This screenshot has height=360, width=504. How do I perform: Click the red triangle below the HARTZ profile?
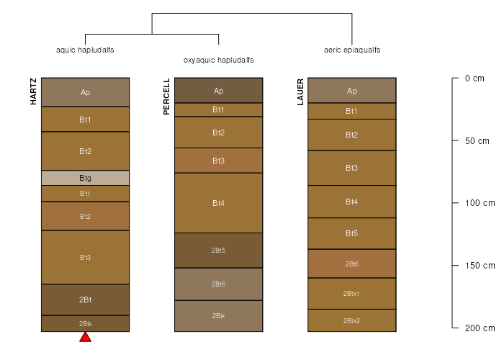pos(85,338)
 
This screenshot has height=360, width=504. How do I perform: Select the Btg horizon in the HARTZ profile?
pos(85,178)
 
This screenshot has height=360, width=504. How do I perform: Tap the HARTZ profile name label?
pos(33,91)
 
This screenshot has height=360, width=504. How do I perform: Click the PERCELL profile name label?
pos(166,96)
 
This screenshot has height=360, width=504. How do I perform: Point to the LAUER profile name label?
pos(300,92)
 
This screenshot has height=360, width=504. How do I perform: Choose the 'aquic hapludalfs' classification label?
pos(85,50)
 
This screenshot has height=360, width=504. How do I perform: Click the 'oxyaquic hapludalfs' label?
pos(219,60)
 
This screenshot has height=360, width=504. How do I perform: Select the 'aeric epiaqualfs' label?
pos(352,50)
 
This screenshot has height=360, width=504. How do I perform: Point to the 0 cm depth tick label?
pos(474,78)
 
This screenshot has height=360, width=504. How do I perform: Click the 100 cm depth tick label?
pos(480,203)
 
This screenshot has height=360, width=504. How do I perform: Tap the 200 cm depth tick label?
pos(480,328)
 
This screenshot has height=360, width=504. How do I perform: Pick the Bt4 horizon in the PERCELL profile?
pos(219,203)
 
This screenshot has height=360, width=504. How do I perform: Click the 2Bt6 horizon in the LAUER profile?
pos(352,264)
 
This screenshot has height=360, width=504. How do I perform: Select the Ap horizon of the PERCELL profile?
pos(219,91)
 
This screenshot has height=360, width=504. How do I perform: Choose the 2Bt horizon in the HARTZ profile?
pos(85,300)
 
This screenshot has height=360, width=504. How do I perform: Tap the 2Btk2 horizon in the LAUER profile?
pos(352,321)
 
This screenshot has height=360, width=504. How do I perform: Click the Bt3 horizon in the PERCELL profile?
pos(219,161)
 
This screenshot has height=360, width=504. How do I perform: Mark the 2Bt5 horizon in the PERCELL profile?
pos(219,251)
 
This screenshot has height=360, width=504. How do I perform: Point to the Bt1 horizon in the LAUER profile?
pos(352,111)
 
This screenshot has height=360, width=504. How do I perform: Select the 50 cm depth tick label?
pos(477,141)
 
